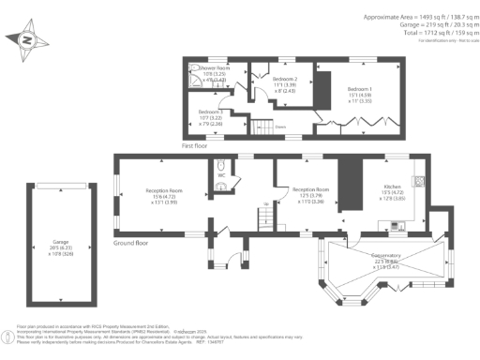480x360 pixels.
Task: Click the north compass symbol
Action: coord(25,40)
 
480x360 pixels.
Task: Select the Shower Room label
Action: coord(214,68)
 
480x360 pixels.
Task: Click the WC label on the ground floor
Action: coord(220,174)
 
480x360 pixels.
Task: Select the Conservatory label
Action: coord(380,255)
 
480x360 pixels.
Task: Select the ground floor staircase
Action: coord(265,217)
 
